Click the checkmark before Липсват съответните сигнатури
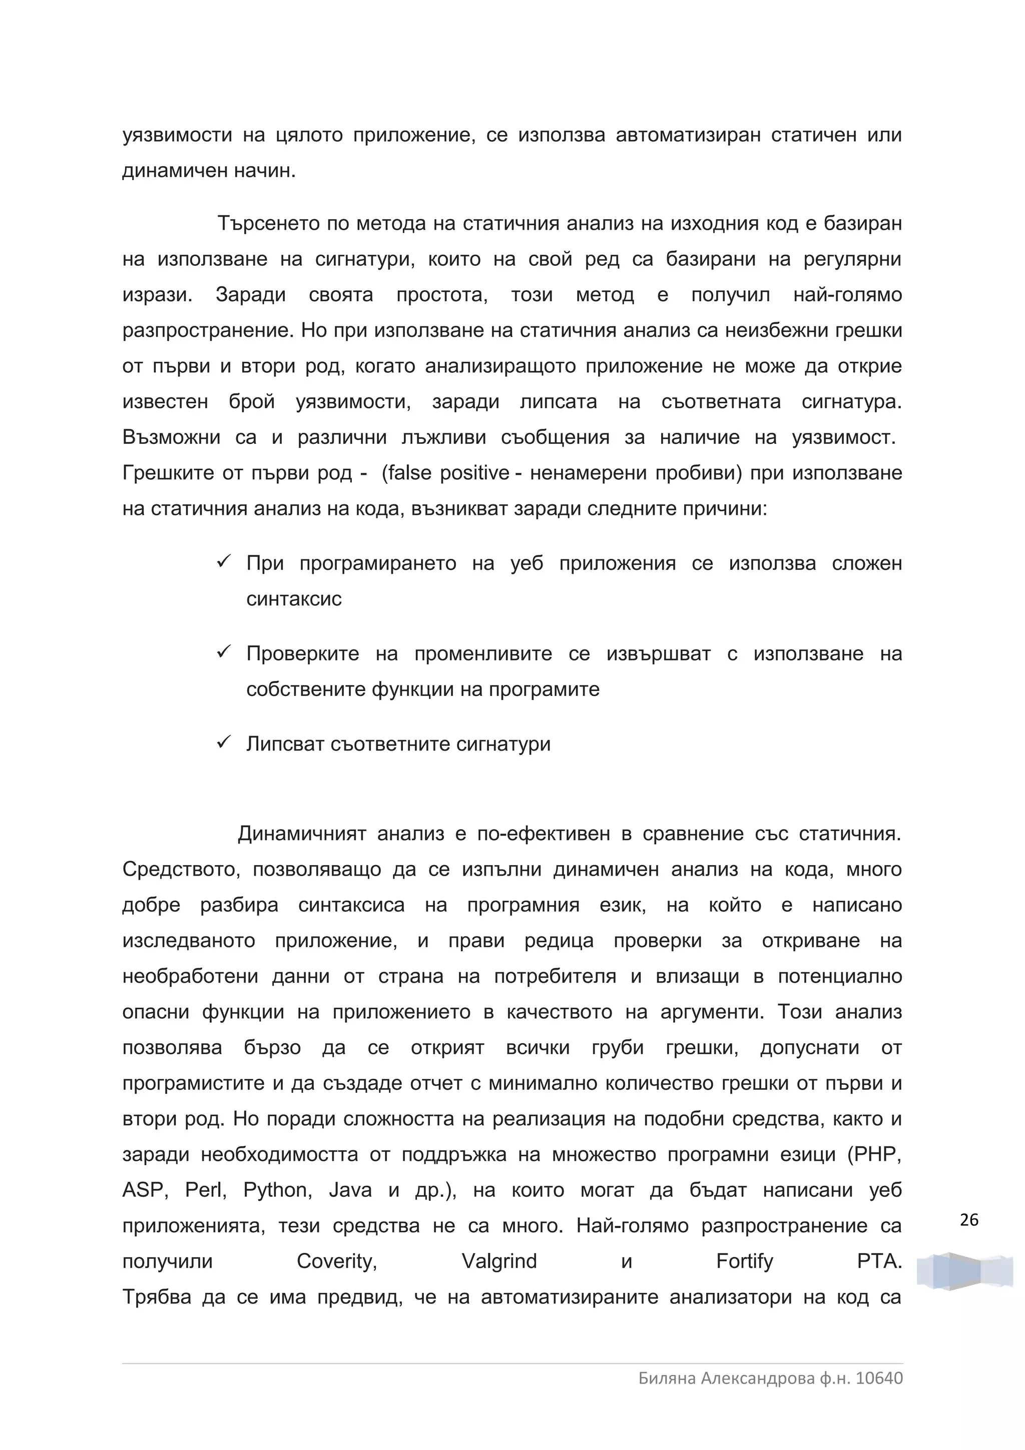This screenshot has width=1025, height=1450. coord(224,742)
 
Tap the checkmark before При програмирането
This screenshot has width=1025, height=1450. coord(224,561)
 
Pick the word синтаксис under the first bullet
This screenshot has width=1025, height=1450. coord(294,599)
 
